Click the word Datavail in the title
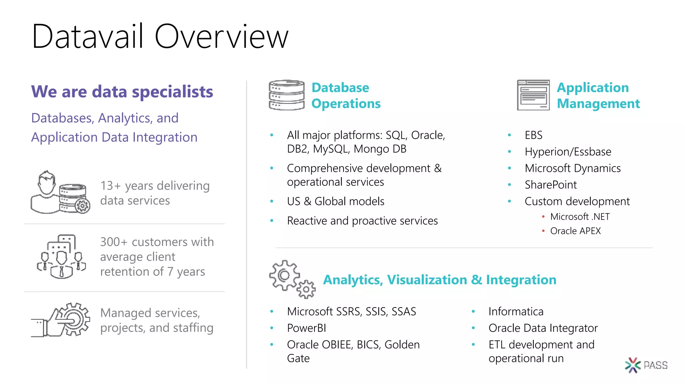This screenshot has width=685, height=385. click(88, 36)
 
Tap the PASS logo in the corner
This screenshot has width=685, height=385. click(646, 365)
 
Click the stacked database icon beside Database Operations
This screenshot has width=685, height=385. click(287, 95)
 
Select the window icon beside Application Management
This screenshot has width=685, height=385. click(533, 95)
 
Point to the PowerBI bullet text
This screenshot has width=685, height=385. click(306, 328)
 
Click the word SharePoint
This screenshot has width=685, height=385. click(551, 185)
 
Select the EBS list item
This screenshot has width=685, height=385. click(533, 135)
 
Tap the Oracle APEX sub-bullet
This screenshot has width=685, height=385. click(575, 231)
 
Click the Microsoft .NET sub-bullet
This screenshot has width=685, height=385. click(580, 217)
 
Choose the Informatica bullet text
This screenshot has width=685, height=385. click(516, 311)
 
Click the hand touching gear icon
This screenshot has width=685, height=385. click(61, 320)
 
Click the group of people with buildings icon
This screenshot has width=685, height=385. click(61, 257)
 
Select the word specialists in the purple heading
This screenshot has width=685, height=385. click(172, 92)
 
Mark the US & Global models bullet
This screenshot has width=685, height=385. click(335, 202)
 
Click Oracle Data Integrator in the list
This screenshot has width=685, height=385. click(543, 328)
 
